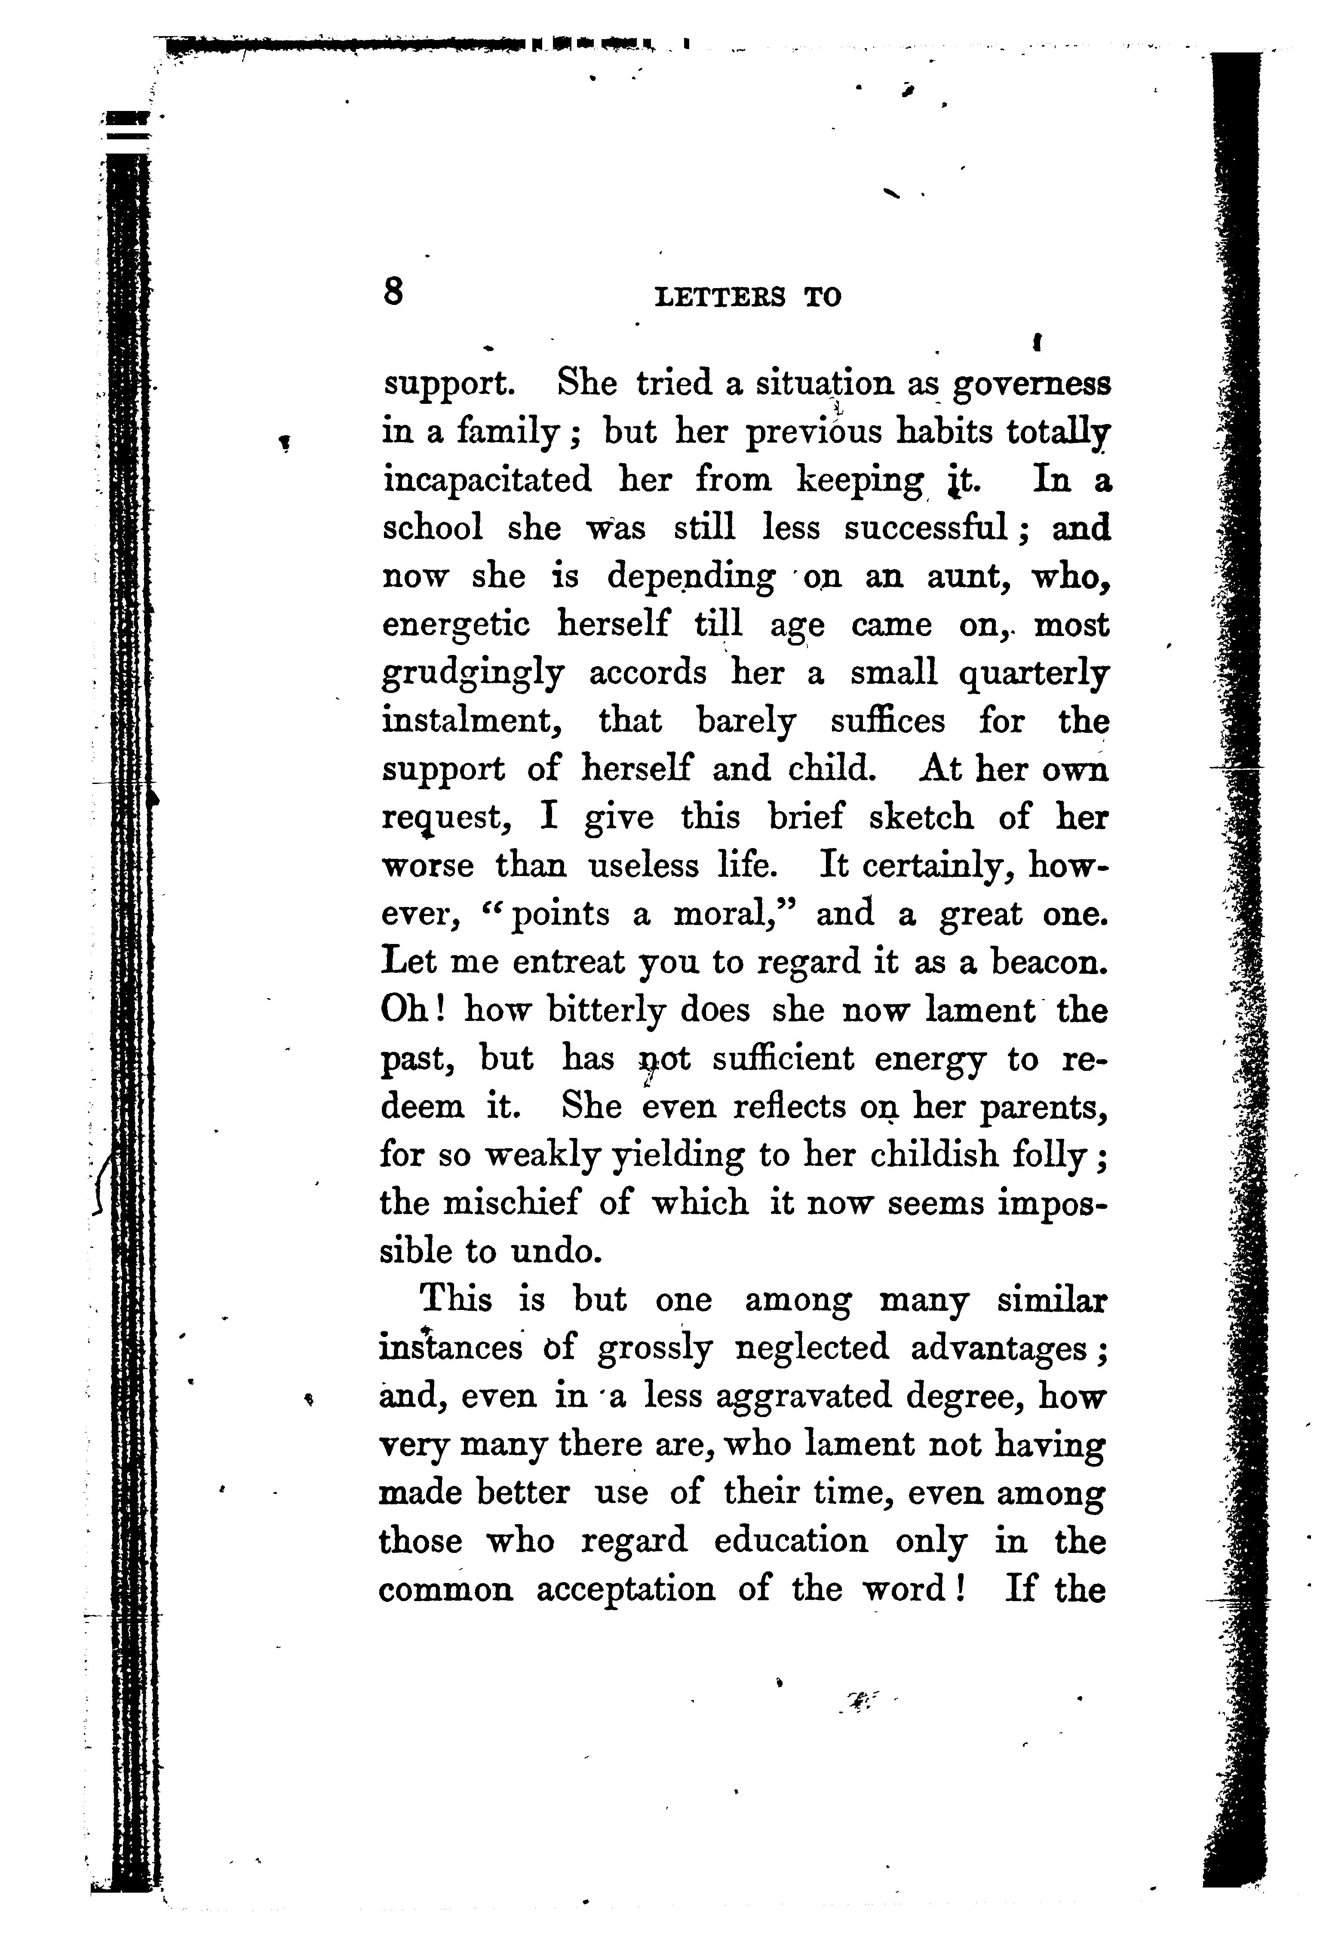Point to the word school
tap(433, 529)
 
